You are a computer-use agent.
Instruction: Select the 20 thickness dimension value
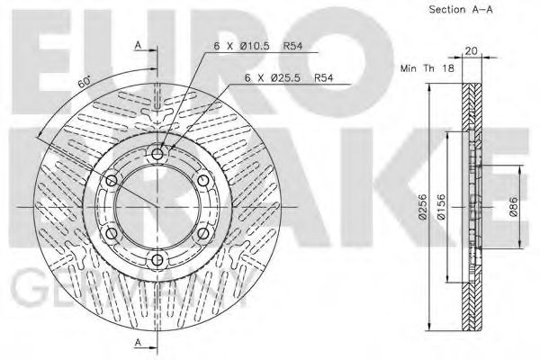(472, 52)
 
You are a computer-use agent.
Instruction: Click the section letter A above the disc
(138, 44)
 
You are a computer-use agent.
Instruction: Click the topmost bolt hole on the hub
(158, 155)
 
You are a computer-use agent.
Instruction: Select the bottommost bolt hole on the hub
(158, 261)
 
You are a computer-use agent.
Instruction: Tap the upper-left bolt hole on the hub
(112, 181)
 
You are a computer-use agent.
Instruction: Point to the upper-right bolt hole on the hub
(204, 181)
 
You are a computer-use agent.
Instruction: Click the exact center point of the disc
(158, 208)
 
